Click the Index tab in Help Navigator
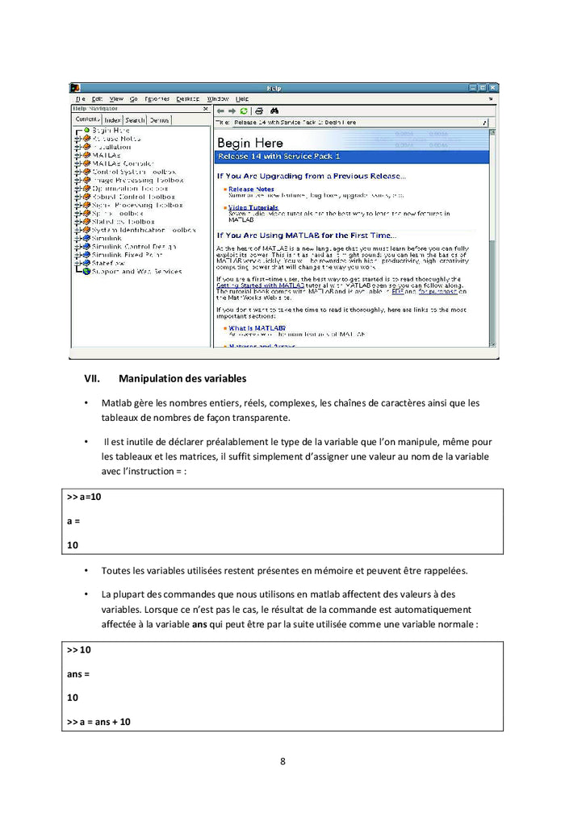tap(113, 120)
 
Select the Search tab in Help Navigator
tap(135, 120)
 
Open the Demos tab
tap(159, 120)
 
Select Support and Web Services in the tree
tap(136, 272)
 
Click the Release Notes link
tap(251, 189)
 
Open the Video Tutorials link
tap(253, 207)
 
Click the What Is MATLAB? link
tap(257, 328)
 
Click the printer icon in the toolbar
tap(259, 110)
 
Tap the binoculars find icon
tap(274, 110)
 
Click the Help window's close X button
tap(492, 88)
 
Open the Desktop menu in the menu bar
tap(188, 98)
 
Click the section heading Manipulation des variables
tap(182, 378)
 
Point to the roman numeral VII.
tap(91, 378)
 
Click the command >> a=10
tap(84, 498)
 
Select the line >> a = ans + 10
tap(98, 722)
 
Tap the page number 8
tap(282, 761)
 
